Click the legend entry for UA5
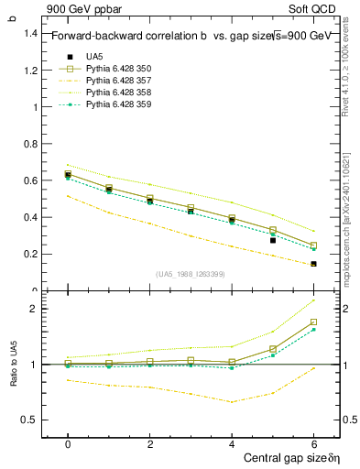pos(94,57)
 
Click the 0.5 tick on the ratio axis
pos(31,420)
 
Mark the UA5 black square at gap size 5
pos(273,240)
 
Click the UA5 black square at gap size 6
pos(313,264)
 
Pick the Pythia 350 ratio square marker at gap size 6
pos(313,322)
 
